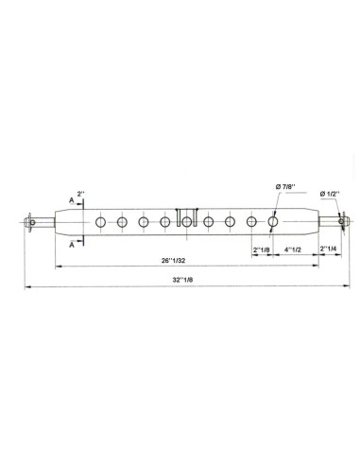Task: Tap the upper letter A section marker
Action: [72, 201]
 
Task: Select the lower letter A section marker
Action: [72, 243]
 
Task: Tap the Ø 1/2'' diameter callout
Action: [334, 194]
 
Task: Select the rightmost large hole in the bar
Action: [273, 222]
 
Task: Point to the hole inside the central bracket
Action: [187, 222]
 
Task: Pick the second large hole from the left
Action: [122, 222]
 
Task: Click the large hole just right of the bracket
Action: [208, 222]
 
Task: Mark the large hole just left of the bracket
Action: [165, 222]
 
